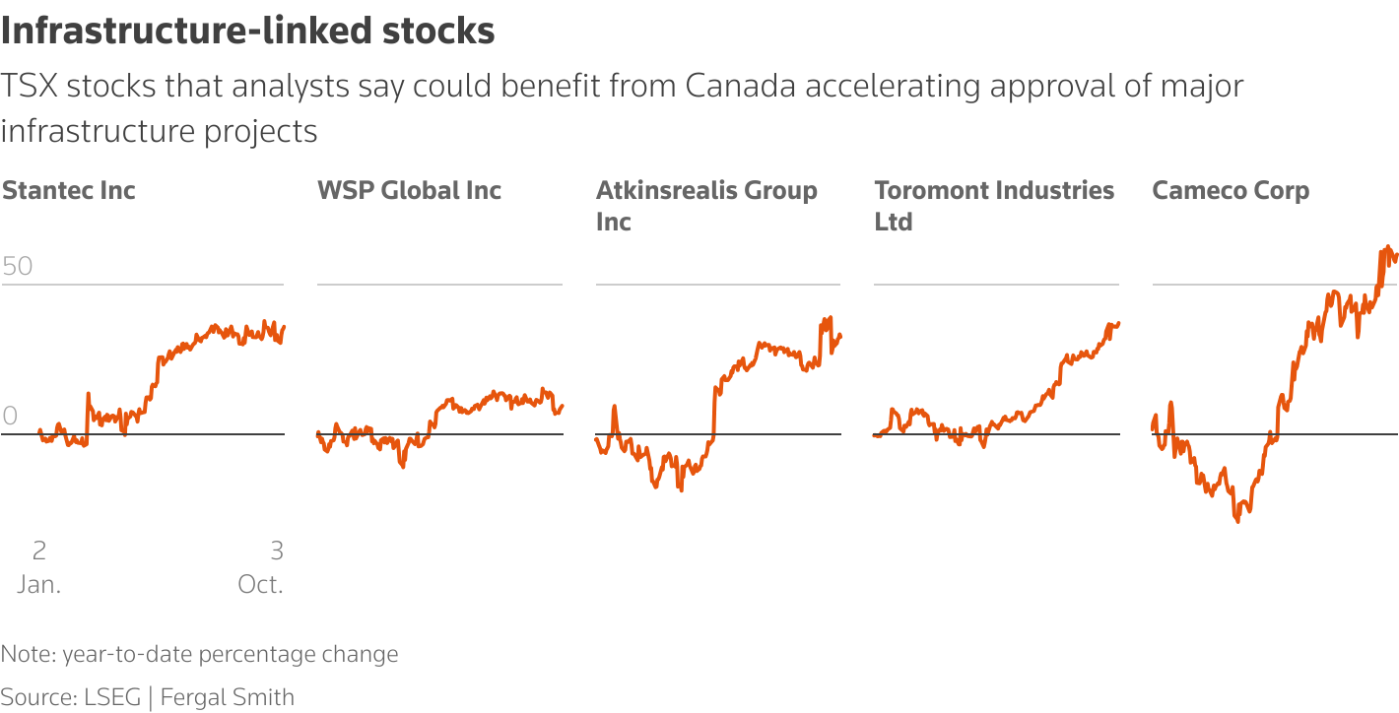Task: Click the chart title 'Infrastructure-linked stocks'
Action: [x=247, y=32]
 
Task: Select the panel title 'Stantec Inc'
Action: [x=69, y=190]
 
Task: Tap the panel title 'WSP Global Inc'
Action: [x=409, y=190]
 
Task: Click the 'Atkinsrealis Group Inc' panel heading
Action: [x=706, y=206]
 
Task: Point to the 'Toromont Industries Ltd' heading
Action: [x=994, y=206]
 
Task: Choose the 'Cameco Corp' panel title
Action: [x=1231, y=190]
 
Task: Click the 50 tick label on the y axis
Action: [x=18, y=267]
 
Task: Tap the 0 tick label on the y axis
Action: [x=10, y=417]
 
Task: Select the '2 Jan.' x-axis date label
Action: [x=39, y=566]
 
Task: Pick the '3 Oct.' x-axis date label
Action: [x=261, y=566]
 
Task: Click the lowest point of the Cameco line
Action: [x=1236, y=520]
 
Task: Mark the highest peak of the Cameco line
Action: [x=1387, y=247]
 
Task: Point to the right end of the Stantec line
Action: [x=284, y=327]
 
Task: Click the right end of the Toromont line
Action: [x=1118, y=323]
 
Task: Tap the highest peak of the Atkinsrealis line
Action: [x=831, y=317]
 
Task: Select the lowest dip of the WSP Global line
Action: [x=402, y=466]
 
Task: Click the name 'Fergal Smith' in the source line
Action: [x=228, y=697]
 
